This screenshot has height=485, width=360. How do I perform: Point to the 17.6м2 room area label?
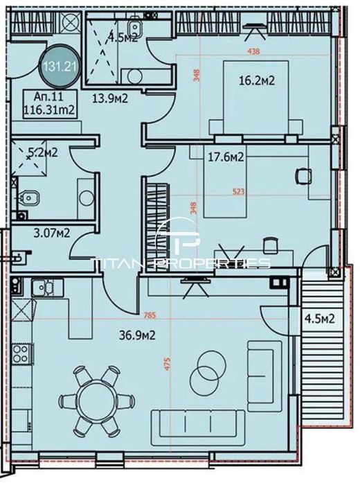click(225, 158)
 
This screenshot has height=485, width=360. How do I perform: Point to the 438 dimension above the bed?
click(255, 51)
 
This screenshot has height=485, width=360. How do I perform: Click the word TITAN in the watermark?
click(118, 263)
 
